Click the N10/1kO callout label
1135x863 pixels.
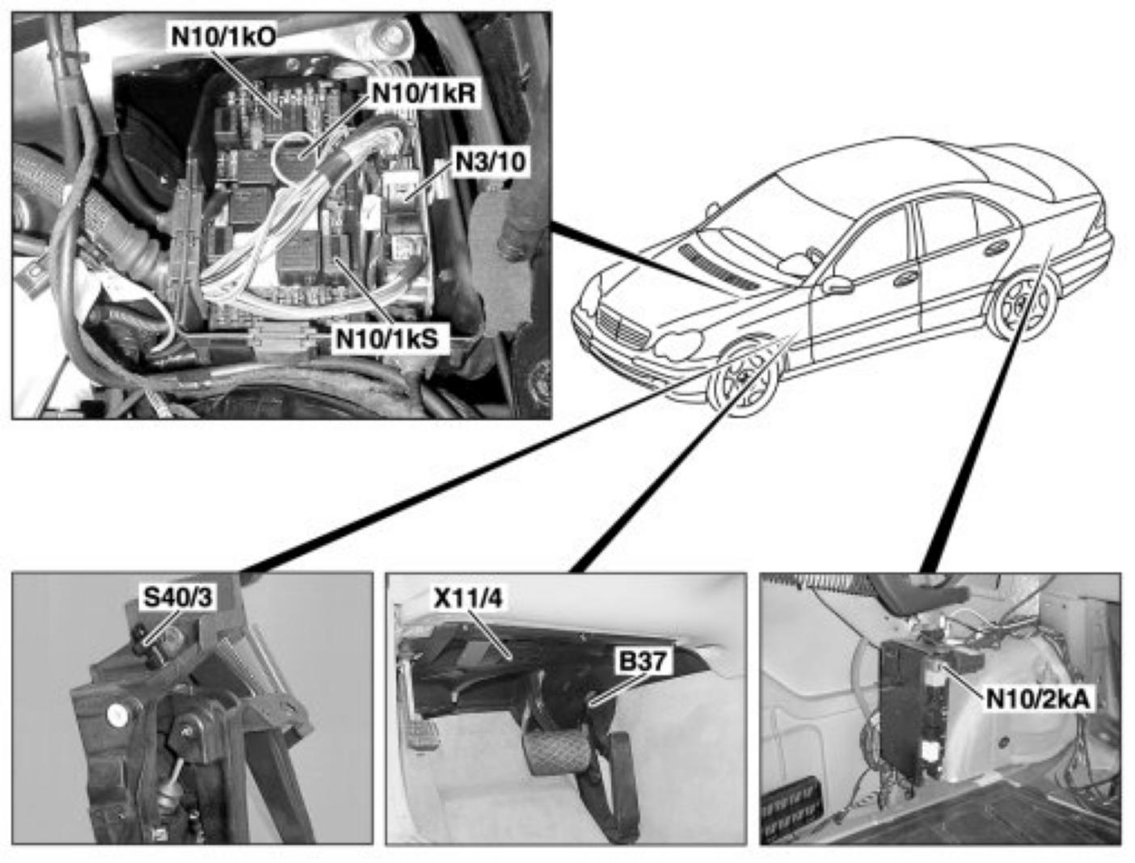click(x=222, y=37)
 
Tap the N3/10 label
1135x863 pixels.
click(x=490, y=162)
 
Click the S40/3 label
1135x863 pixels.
click(x=178, y=598)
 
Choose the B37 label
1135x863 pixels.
click(x=643, y=662)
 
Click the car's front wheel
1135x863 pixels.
click(x=741, y=378)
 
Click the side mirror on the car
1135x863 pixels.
click(x=837, y=285)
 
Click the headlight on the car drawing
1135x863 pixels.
click(x=677, y=346)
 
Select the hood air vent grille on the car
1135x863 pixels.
click(x=719, y=267)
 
